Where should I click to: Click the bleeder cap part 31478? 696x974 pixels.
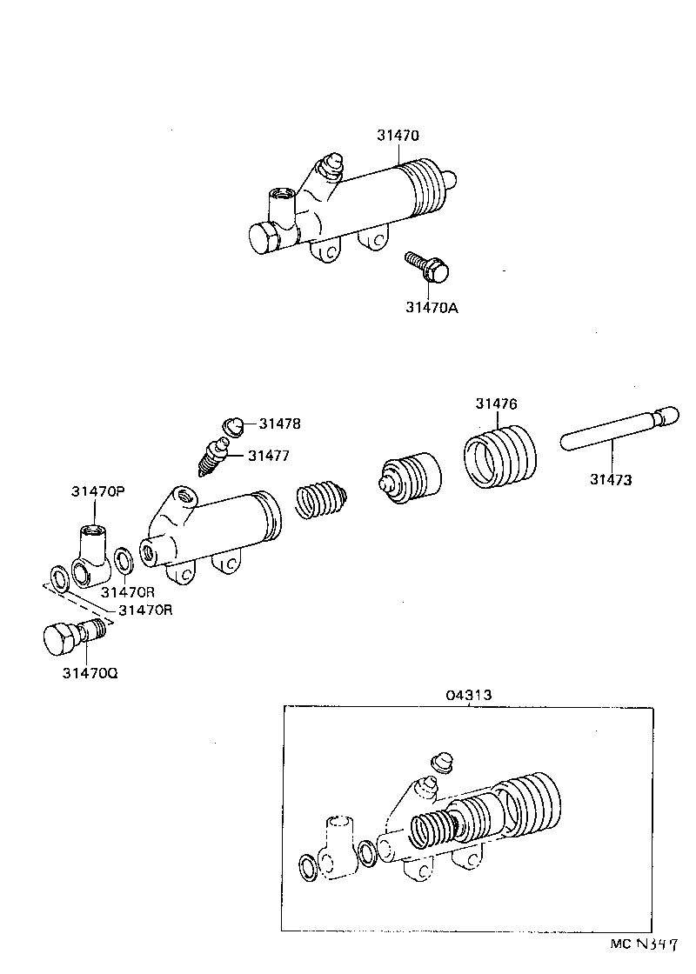click(x=232, y=425)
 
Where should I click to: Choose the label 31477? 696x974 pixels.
click(x=269, y=455)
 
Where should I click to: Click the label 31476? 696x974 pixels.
click(x=496, y=404)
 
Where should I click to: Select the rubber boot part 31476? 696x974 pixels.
click(x=499, y=456)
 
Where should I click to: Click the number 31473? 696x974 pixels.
click(x=611, y=479)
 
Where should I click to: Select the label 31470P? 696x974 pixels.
click(x=98, y=491)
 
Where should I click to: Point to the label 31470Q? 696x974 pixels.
click(x=90, y=673)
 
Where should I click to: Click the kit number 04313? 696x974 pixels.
click(x=469, y=695)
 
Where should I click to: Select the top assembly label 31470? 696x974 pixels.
click(x=398, y=136)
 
